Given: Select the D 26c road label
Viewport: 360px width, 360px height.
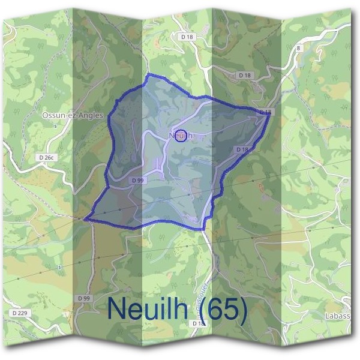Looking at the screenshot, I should coord(45,157).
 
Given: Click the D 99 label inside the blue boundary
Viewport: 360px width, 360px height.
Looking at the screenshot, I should coord(137,180).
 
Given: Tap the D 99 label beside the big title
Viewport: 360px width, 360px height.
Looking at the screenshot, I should coord(83,298).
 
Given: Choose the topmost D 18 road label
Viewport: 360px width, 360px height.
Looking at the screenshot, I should coord(187,37).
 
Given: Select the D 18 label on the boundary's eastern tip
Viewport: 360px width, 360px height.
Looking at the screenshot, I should coord(265,112).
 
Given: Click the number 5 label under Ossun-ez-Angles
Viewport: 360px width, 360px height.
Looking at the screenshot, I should coord(55,127).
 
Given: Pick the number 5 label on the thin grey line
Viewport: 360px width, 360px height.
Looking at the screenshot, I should coord(60,266).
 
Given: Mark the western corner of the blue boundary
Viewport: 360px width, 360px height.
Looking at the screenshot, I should coord(85,220).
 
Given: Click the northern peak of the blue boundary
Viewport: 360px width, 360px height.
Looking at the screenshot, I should coord(149,75).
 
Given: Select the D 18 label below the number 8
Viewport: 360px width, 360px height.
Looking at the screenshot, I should coord(244,76).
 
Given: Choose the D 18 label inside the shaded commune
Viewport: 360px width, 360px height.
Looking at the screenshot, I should coord(242,149).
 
